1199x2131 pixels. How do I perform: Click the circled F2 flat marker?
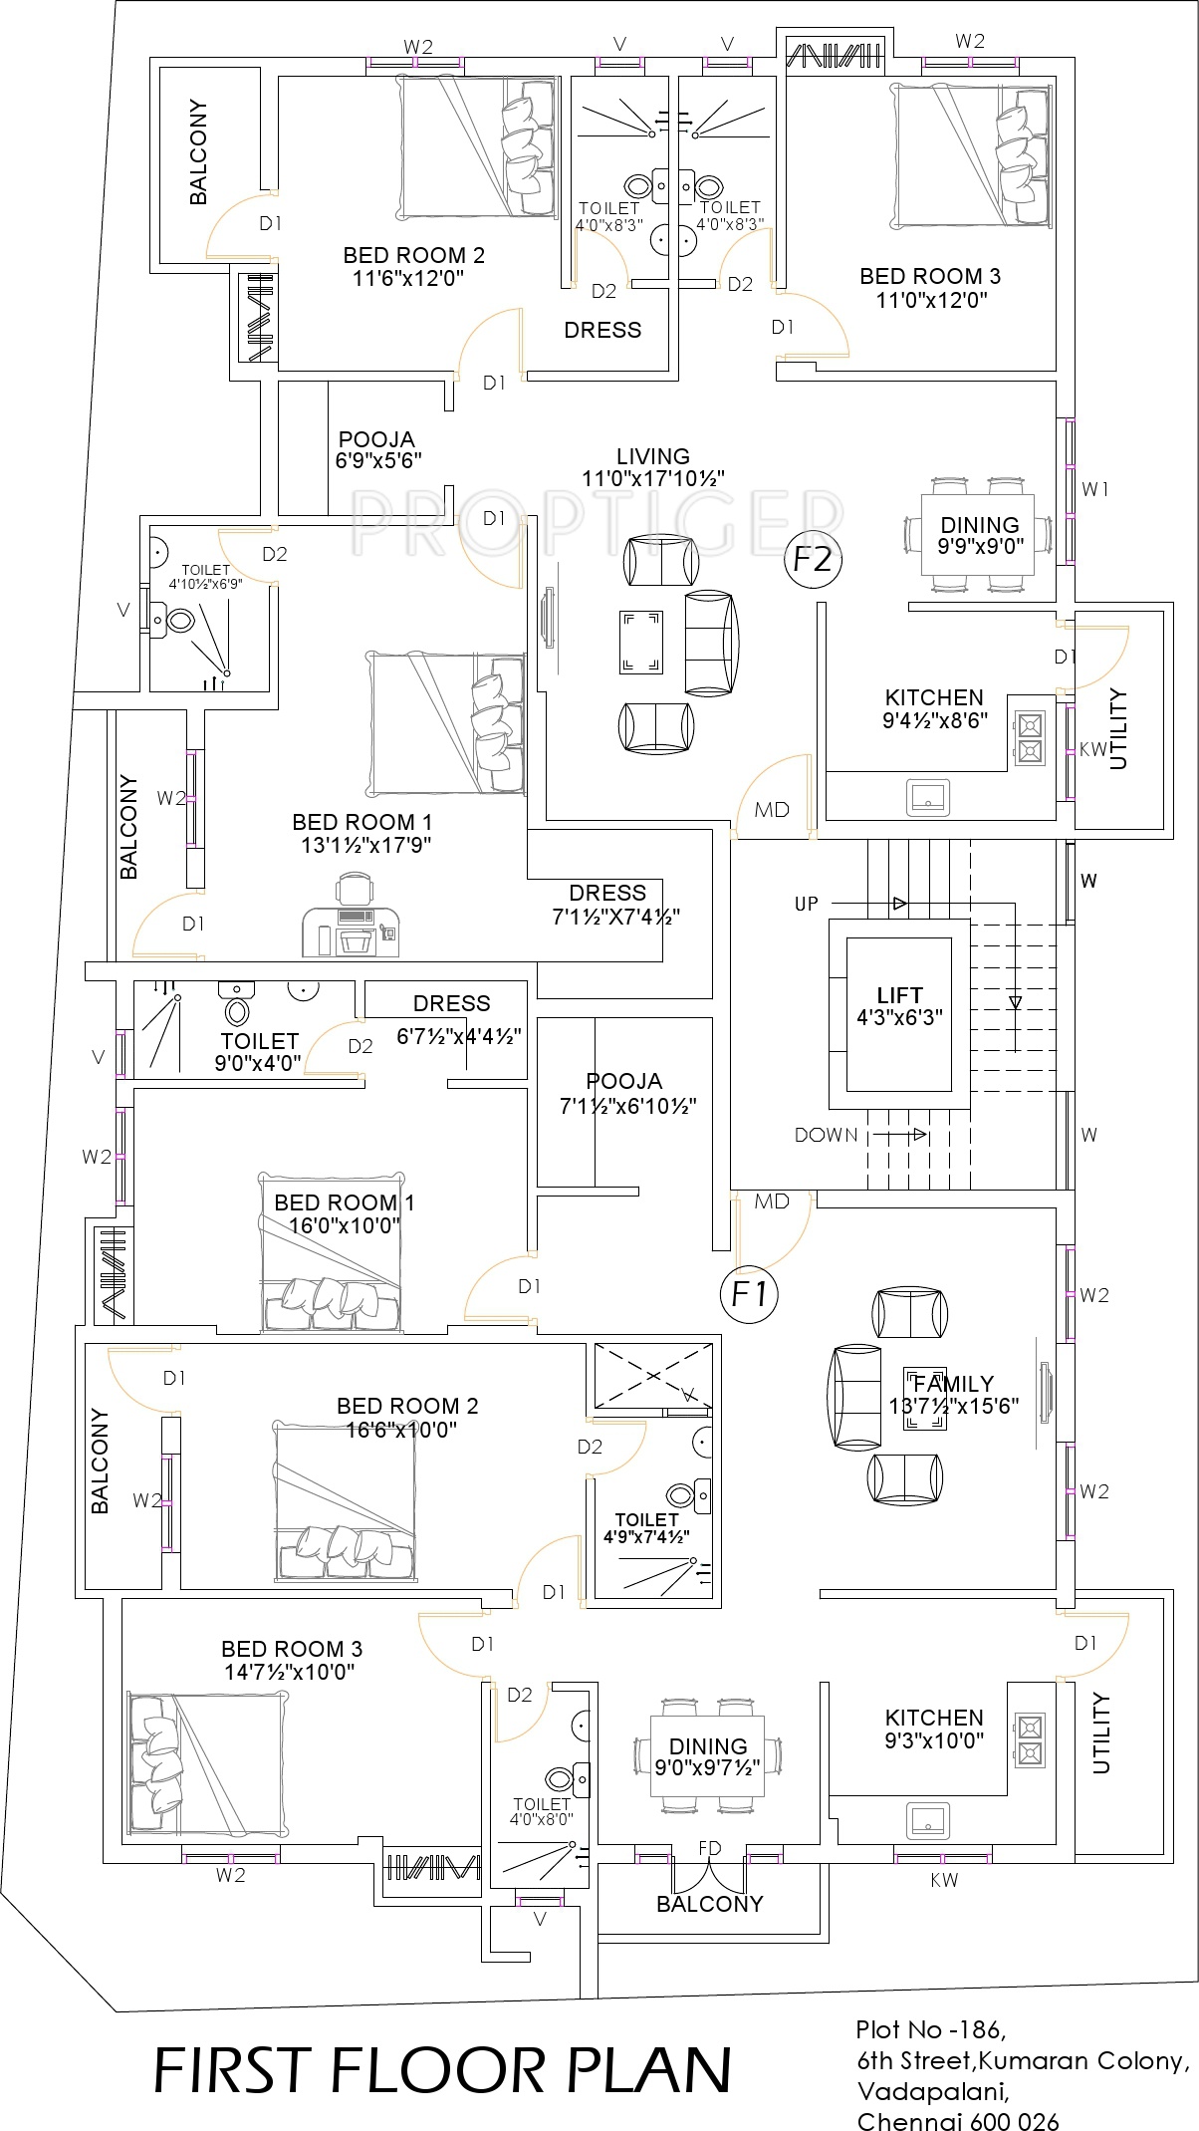813,560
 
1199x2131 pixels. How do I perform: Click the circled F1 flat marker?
749,1294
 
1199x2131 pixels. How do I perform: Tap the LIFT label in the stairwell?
899,994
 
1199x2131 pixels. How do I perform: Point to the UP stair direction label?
807,904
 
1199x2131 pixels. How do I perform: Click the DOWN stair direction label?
826,1135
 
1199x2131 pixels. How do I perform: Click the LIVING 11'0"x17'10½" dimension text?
652,478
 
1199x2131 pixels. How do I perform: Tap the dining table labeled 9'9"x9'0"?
978,535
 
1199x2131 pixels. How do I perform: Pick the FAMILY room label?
953,1384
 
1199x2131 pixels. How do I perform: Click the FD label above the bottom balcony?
709,1848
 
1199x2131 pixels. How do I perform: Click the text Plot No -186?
929,2029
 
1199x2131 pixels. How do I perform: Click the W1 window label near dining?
1094,489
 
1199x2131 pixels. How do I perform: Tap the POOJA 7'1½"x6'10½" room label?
625,1081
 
